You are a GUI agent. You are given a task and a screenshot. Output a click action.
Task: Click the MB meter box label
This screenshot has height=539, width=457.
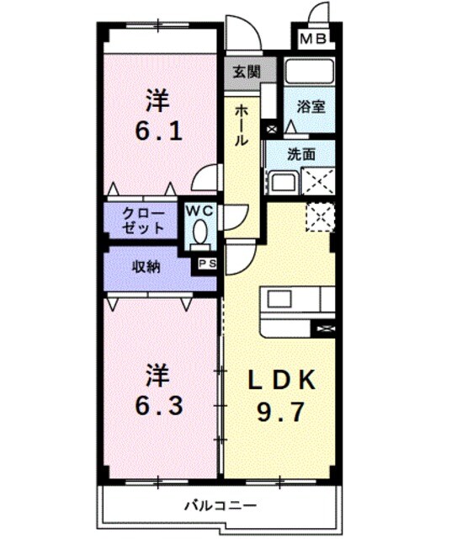[x=313, y=39]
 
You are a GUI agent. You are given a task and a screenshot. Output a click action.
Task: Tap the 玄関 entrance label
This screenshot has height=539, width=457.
[x=242, y=72]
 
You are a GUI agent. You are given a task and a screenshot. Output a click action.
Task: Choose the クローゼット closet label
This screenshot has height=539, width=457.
[x=143, y=220]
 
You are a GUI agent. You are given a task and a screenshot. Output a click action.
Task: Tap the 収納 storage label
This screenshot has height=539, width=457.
[x=145, y=267]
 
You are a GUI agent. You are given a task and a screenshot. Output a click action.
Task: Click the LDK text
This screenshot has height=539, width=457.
[x=282, y=380]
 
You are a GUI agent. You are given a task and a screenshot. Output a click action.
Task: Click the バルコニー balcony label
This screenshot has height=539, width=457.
[x=220, y=505]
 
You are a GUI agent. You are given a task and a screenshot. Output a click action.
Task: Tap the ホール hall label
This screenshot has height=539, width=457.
[x=242, y=125]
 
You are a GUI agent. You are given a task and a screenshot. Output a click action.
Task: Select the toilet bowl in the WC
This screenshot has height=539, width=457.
[x=199, y=231]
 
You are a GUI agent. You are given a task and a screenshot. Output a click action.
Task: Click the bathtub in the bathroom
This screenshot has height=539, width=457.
[x=309, y=71]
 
